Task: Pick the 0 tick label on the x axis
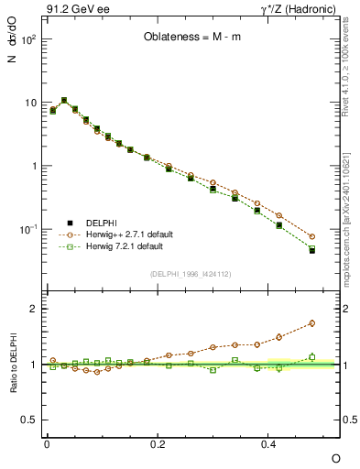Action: (x=47, y=443)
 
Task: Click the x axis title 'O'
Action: (x=336, y=457)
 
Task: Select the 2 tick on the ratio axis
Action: (x=33, y=309)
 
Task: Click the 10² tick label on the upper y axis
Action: (x=27, y=40)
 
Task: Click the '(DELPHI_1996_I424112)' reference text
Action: (x=189, y=273)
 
